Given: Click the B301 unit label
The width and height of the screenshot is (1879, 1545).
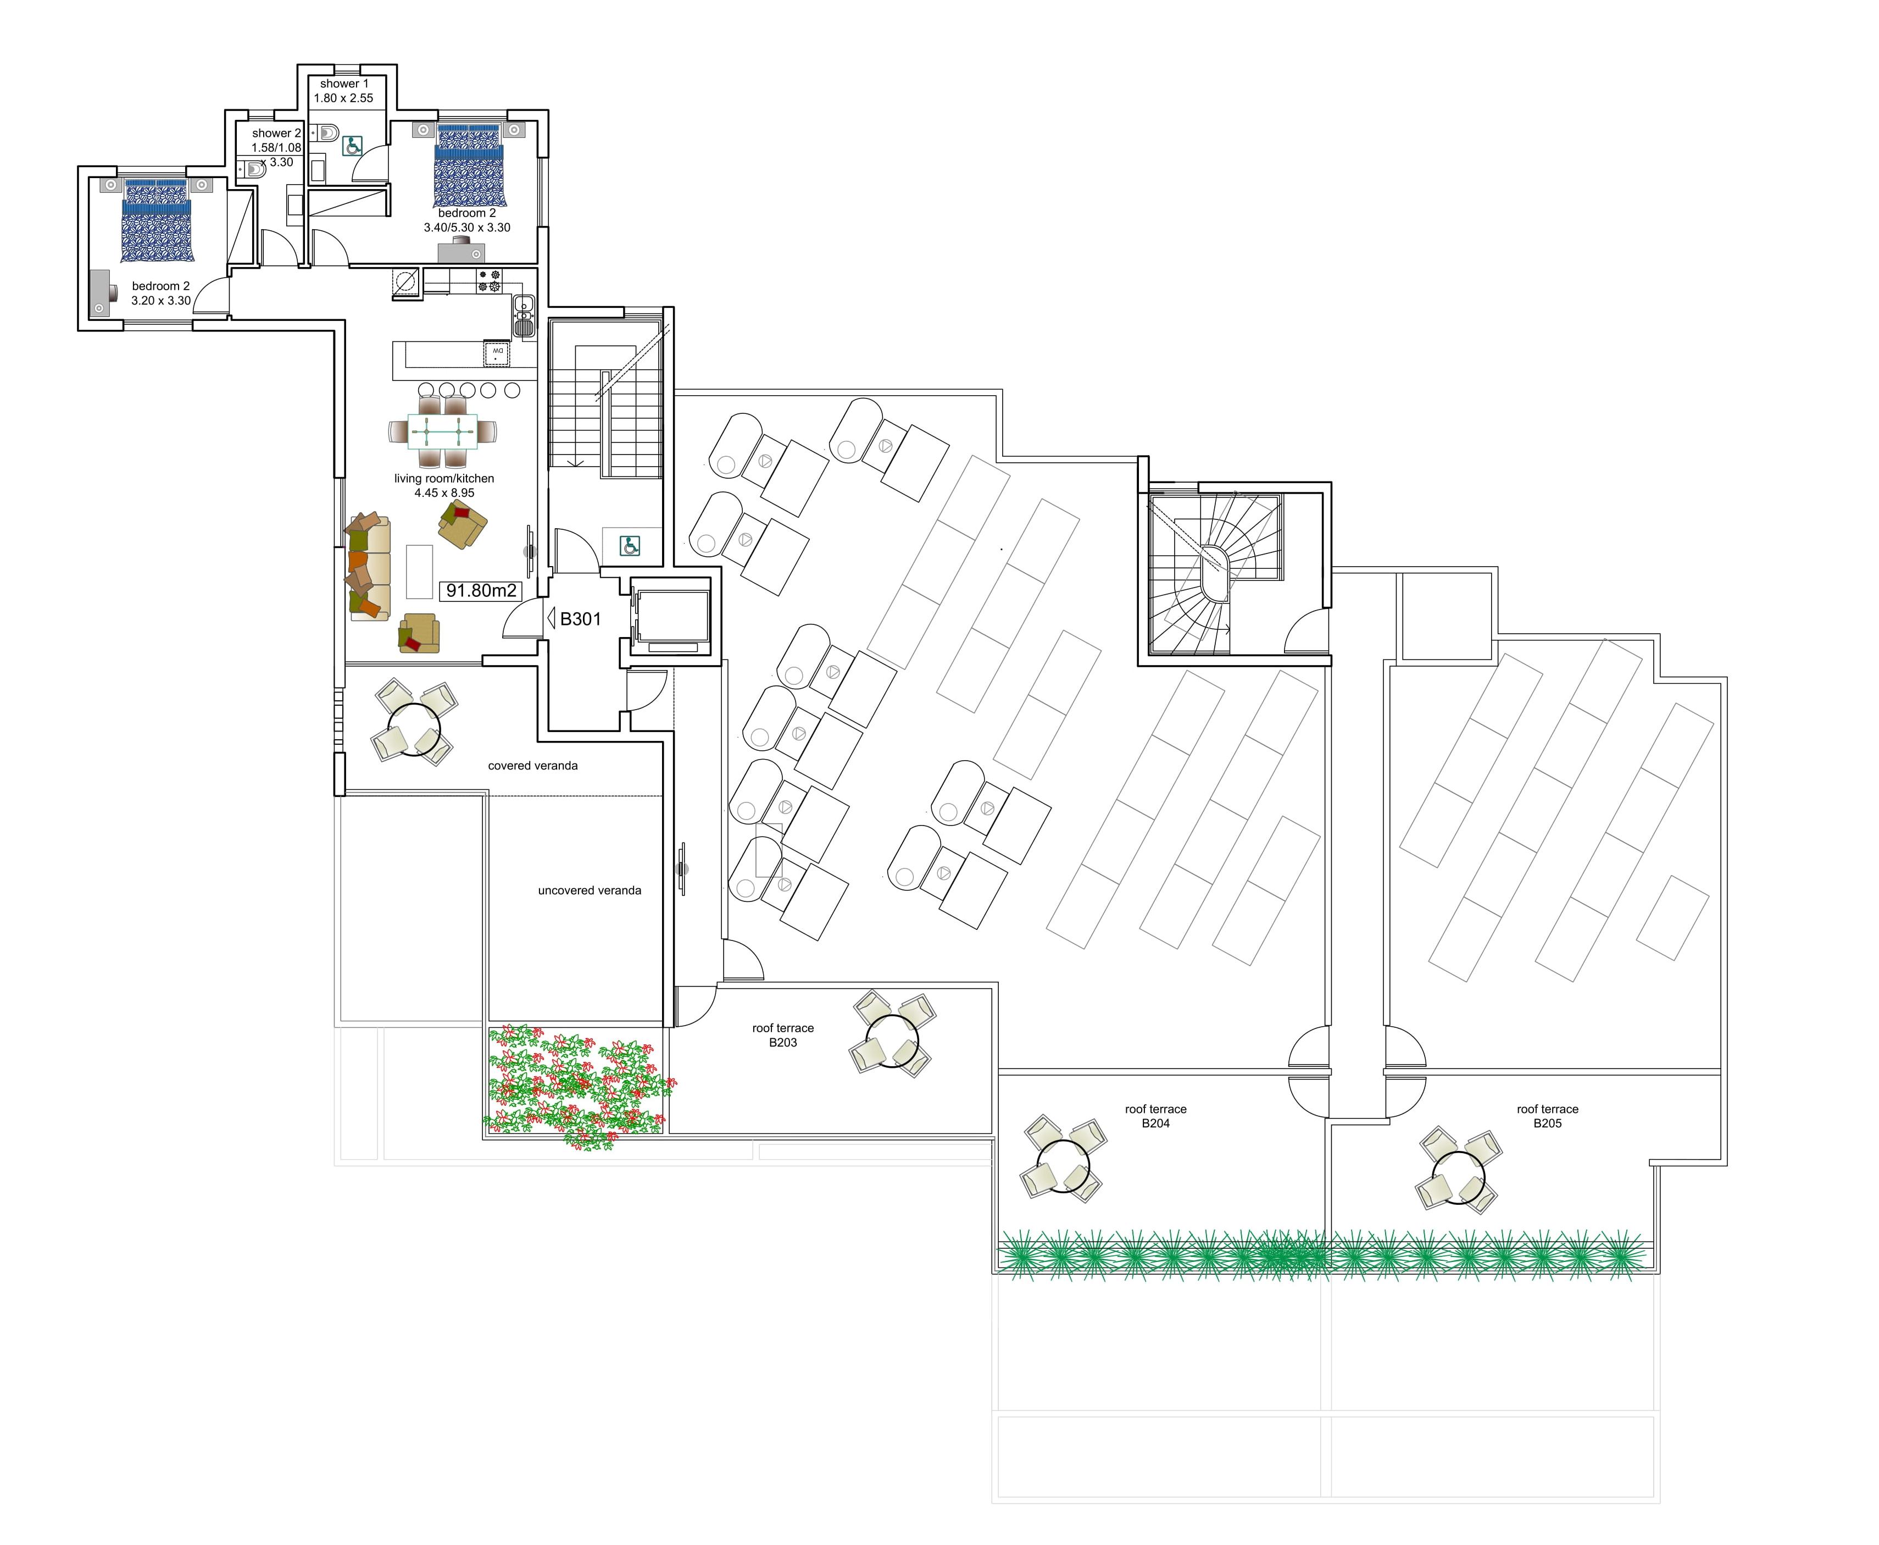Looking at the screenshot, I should [x=579, y=618].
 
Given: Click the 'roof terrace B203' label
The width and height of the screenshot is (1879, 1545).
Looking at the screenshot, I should [x=783, y=1035].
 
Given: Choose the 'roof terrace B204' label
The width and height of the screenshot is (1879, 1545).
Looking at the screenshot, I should [x=1155, y=1116].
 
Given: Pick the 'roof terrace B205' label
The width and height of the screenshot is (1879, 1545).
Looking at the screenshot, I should [x=1547, y=1116].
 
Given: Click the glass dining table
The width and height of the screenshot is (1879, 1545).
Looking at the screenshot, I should [x=442, y=431].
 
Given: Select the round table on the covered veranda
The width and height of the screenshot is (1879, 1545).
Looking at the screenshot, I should [x=414, y=730].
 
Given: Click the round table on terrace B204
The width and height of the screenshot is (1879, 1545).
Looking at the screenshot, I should [x=1063, y=1166].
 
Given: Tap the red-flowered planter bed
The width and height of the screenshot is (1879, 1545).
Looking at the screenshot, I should [x=576, y=1086].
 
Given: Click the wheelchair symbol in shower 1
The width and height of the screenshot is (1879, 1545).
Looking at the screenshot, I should [x=352, y=146].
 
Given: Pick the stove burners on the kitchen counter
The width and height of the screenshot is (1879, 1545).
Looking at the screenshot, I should [x=490, y=280].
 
